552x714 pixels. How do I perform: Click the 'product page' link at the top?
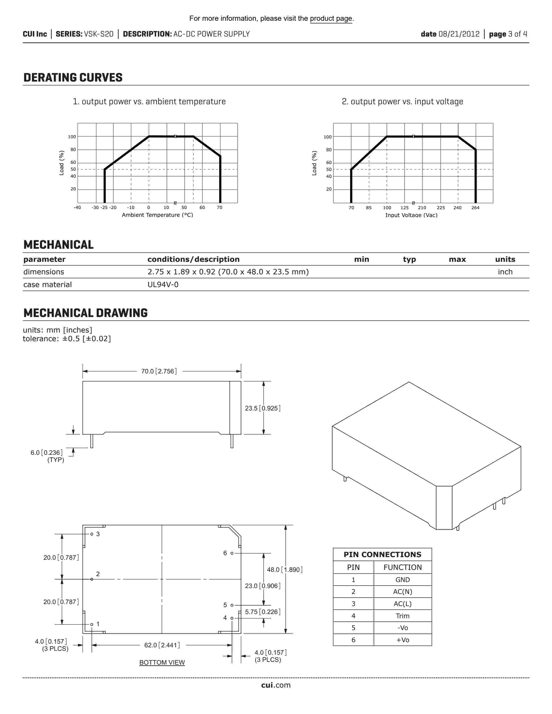331,19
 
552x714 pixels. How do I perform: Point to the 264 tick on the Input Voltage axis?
475,207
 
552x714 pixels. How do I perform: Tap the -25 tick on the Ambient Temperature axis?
104,207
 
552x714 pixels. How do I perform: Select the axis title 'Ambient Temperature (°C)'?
157,215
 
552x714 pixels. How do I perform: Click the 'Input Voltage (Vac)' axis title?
411,215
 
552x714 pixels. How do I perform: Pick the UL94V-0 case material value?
163,285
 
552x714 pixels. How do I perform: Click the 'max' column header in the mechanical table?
457,259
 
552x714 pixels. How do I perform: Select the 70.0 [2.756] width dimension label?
159,371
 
